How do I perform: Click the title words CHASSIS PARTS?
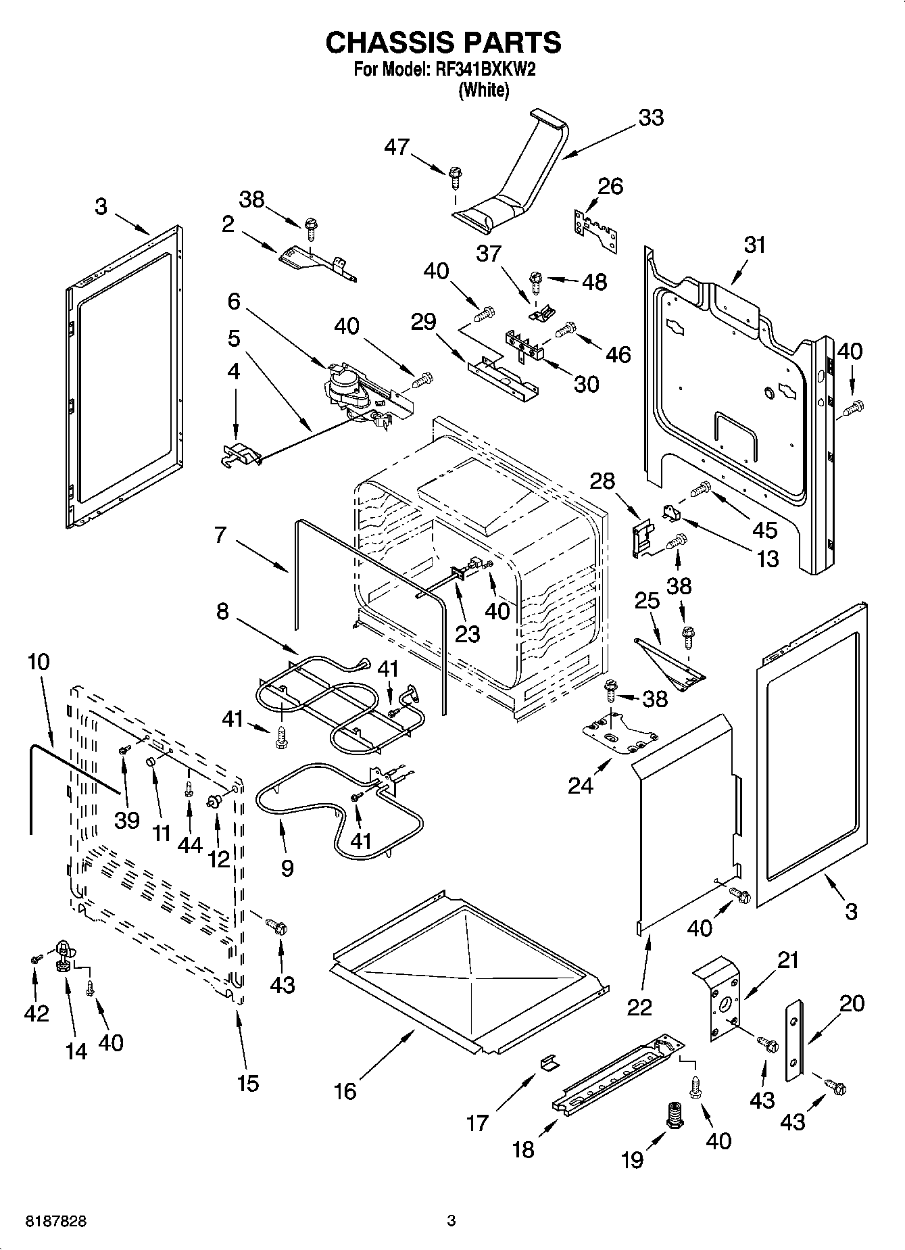tap(443, 43)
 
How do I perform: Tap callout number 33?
tap(652, 117)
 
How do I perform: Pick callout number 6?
tap(234, 301)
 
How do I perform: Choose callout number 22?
tap(639, 1007)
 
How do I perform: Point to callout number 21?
tap(787, 959)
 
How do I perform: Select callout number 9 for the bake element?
tap(287, 867)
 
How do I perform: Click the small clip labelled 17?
tap(549, 1063)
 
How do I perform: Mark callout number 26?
tap(611, 186)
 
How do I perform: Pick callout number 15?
tap(248, 1083)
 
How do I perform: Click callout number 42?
tap(36, 1013)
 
